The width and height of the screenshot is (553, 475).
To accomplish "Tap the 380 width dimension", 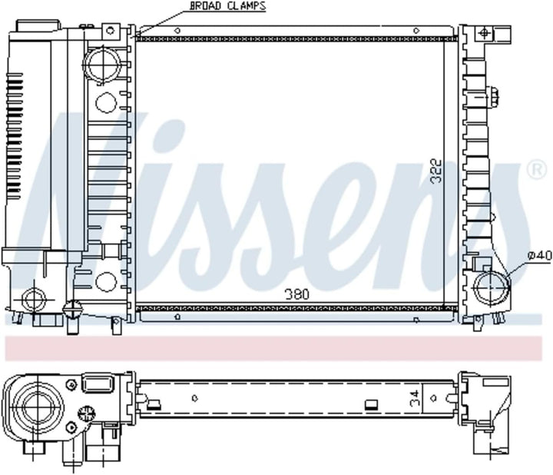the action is (297, 294).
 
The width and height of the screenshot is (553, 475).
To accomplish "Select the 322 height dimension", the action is (436, 171).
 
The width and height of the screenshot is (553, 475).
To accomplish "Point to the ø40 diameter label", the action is (540, 255).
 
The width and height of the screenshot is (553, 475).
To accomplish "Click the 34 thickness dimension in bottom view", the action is (416, 397).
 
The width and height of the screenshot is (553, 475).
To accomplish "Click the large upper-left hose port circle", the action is (102, 65).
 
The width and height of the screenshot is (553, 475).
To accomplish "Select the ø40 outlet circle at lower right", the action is (492, 287).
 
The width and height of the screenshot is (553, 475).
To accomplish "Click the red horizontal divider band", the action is (273, 348).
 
